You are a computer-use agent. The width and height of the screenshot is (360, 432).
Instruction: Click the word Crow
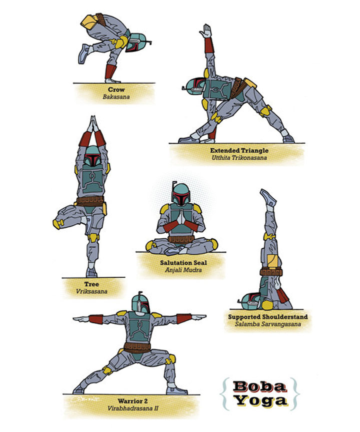[116, 90]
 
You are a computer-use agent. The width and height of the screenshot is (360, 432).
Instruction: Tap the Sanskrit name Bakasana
[116, 97]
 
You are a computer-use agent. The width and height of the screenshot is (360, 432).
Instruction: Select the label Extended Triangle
[239, 151]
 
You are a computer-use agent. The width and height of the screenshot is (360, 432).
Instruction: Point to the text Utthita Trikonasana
[239, 158]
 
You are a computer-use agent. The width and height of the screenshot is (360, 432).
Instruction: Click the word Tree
[91, 284]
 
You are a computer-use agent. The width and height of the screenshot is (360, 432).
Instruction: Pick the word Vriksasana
[91, 291]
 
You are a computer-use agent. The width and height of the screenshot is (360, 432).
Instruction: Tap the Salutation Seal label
[183, 263]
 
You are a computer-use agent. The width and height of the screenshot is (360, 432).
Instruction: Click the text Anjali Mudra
[183, 270]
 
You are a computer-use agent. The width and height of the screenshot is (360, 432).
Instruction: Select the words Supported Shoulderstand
[268, 317]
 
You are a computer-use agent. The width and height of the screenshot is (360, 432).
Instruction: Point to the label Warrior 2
[132, 401]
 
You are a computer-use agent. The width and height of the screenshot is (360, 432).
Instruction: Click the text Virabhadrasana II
[132, 408]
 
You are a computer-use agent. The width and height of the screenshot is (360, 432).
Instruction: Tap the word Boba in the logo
[259, 386]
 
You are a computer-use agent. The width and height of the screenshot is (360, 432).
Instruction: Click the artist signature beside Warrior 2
[85, 399]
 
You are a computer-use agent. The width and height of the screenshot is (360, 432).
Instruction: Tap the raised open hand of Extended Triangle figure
[206, 31]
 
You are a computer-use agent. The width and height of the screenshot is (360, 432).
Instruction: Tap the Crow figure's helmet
[138, 43]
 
